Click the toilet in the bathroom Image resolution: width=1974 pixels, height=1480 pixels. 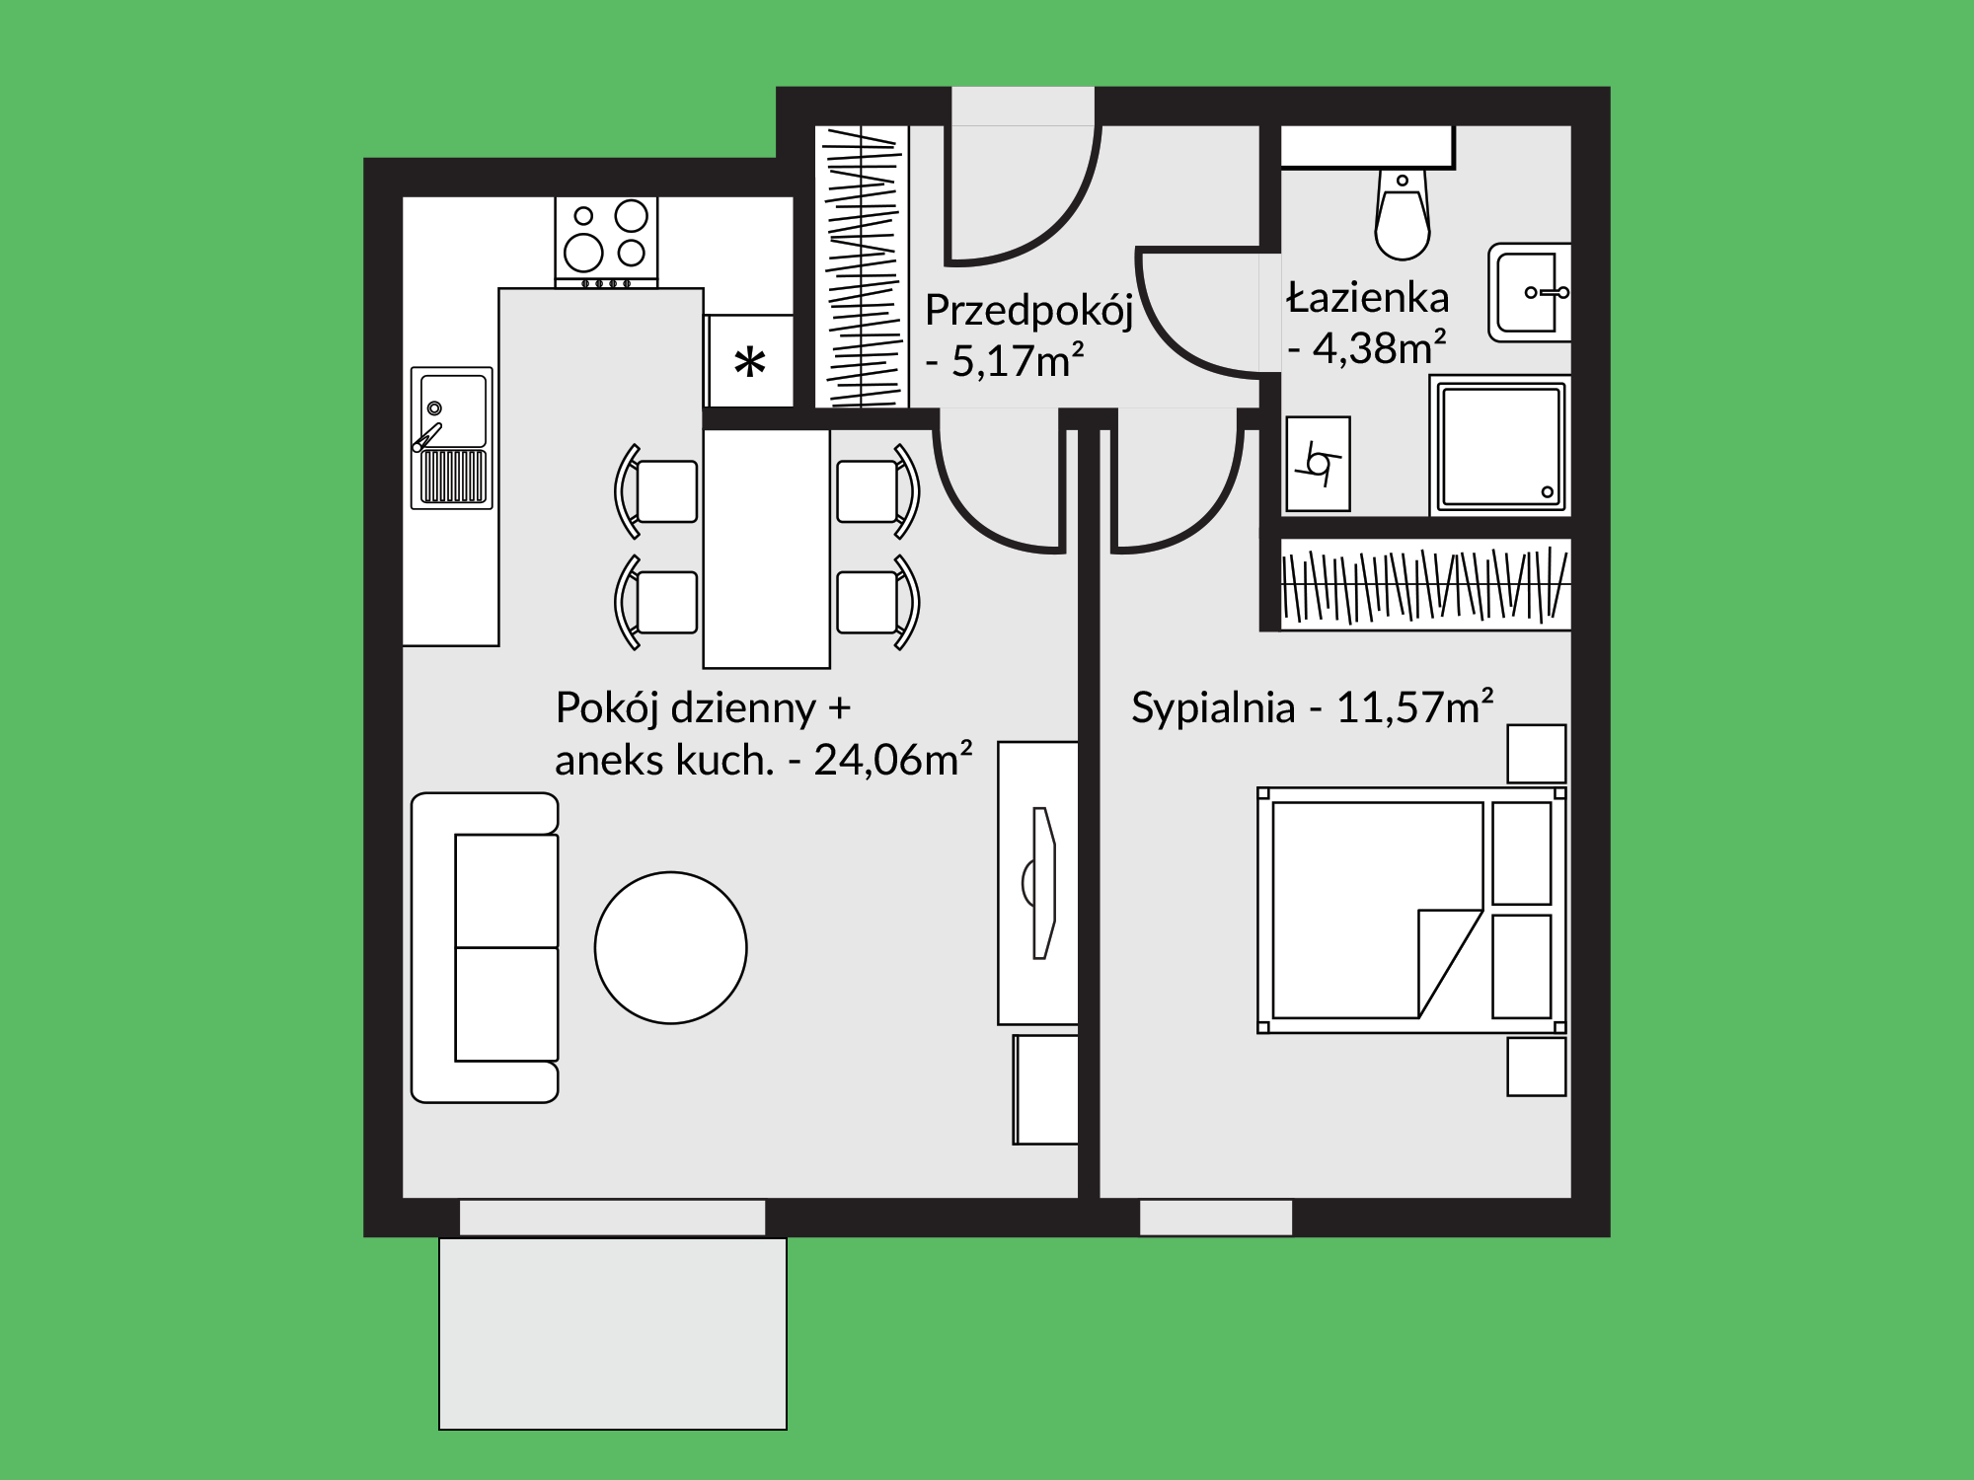(1403, 214)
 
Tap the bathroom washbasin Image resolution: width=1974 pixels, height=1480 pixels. (1529, 292)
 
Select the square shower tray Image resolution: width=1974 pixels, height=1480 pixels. (1500, 445)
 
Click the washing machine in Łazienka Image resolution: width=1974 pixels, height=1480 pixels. (1318, 463)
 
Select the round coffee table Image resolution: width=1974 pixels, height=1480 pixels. (670, 947)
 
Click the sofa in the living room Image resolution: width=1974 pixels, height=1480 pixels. (485, 947)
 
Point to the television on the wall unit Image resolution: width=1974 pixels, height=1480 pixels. (1040, 883)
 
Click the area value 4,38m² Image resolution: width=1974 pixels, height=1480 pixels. (1379, 348)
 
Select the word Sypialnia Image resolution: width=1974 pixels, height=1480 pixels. (1212, 708)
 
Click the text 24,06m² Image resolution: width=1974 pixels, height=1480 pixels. (892, 760)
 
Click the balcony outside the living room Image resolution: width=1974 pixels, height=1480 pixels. (613, 1333)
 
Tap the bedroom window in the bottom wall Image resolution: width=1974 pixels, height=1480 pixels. (1216, 1218)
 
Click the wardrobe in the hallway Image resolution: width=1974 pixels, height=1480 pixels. (861, 266)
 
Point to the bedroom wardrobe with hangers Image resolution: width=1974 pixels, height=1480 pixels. (1425, 584)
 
